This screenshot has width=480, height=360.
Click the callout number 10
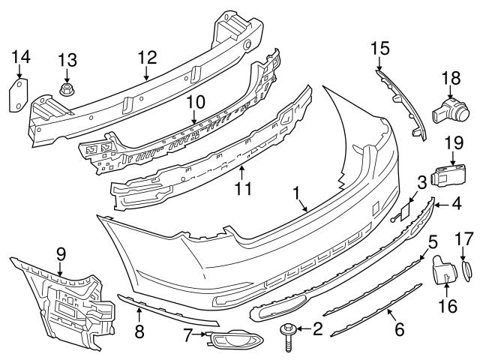195,100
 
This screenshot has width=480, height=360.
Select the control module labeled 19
449,175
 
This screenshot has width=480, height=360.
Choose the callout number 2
317,328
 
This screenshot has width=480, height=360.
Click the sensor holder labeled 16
441,271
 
